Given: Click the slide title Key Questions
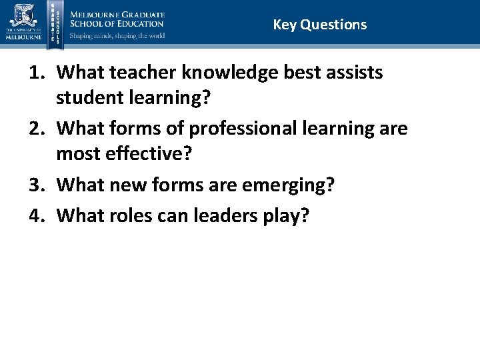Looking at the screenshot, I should point(319,25).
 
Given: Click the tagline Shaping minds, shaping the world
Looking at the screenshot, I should point(117,35).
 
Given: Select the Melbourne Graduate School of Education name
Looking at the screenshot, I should point(117,19).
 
